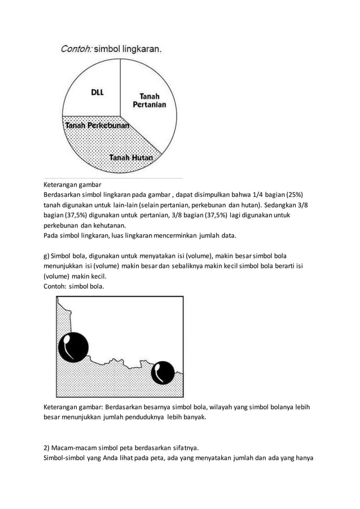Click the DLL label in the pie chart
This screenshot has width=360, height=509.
(x=97, y=93)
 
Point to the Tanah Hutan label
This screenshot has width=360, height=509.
(x=131, y=157)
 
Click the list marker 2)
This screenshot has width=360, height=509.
(x=48, y=449)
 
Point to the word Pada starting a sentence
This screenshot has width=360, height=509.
(x=52, y=236)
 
